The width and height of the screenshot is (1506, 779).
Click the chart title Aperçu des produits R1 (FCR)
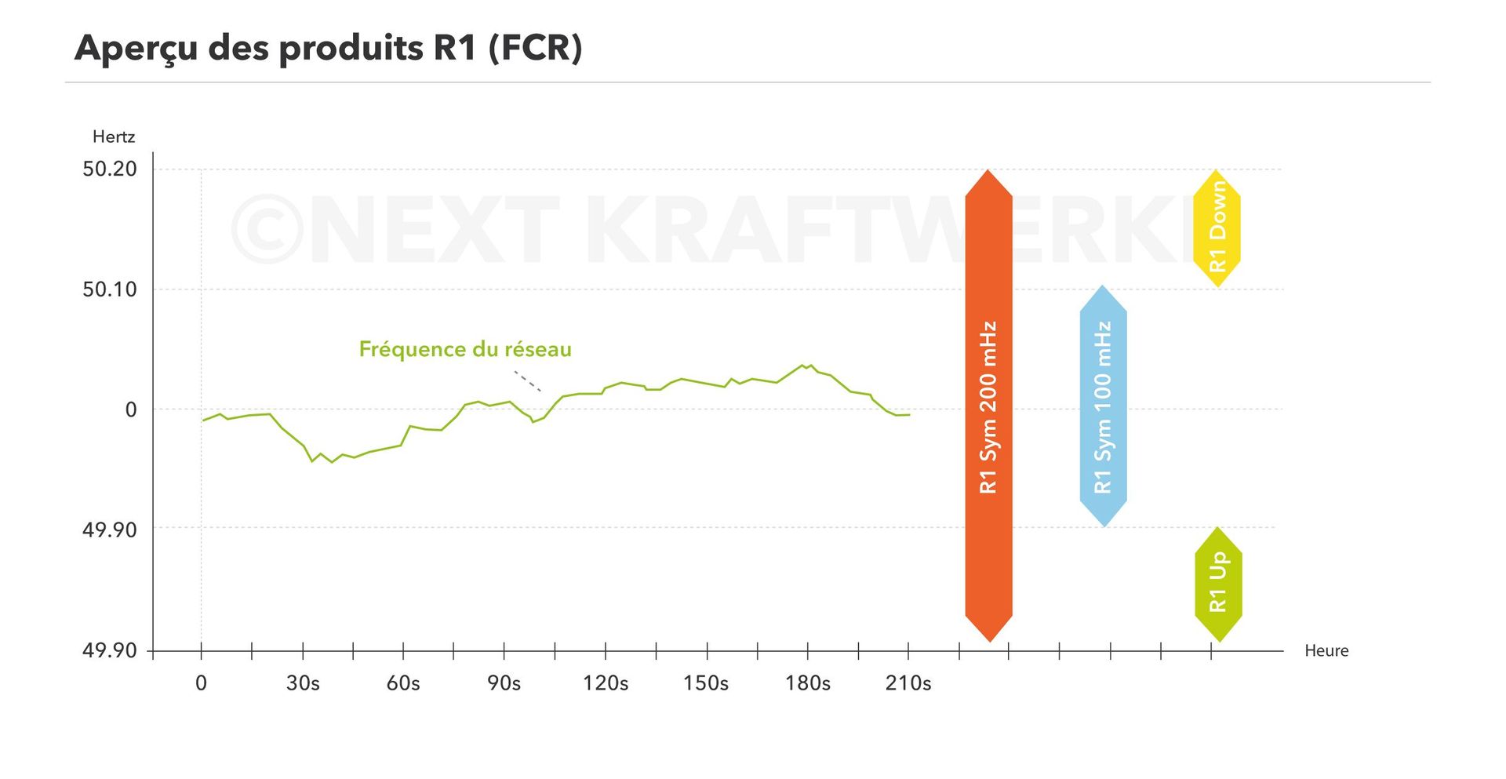[328, 48]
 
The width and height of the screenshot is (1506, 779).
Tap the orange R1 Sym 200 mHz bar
[988, 406]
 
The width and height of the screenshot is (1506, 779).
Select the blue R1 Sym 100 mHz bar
[1103, 406]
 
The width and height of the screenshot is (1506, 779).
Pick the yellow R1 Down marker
[1217, 228]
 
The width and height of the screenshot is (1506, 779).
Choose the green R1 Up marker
[1217, 584]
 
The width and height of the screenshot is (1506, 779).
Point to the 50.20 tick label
[109, 169]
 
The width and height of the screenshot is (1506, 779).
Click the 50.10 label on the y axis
[109, 289]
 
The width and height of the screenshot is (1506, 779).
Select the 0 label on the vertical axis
[131, 410]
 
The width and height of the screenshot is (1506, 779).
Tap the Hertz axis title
[114, 137]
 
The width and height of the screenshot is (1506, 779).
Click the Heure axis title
[1326, 650]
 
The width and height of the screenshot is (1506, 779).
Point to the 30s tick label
[303, 683]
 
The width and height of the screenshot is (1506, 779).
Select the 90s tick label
[504, 683]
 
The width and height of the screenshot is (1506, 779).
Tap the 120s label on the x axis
[606, 683]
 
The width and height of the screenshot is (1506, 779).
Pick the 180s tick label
[808, 683]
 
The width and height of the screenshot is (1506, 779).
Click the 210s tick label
[908, 683]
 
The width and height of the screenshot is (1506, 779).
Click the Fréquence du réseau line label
[465, 349]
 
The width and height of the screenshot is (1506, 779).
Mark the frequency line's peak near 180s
[803, 365]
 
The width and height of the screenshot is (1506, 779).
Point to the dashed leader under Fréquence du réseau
[527, 380]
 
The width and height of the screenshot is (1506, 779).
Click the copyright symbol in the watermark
[267, 229]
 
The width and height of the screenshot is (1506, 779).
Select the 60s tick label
[403, 683]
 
